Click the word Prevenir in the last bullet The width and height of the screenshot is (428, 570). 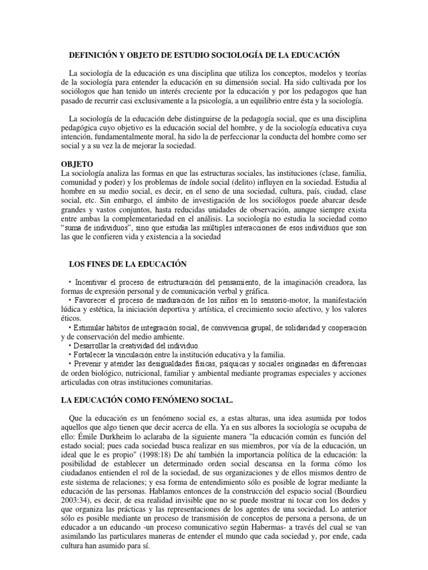(90, 364)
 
